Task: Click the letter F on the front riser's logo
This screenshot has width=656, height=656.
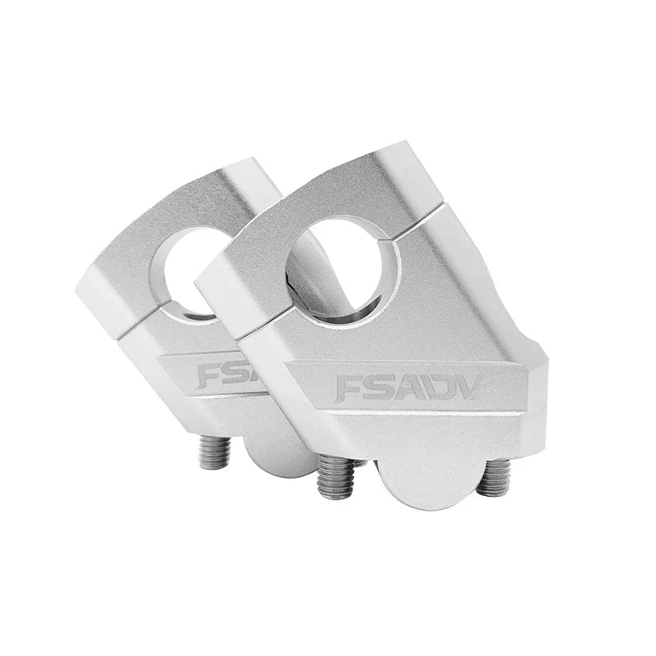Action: coord(350,388)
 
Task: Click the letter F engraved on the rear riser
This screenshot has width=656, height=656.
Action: coord(209,376)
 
